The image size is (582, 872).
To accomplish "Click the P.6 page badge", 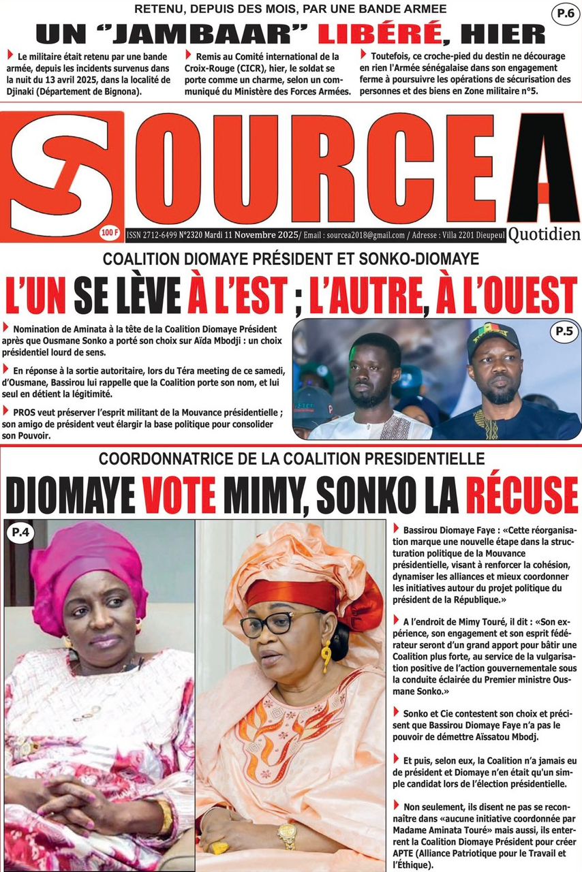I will [565, 13].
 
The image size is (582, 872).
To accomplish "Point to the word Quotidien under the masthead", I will [544, 234].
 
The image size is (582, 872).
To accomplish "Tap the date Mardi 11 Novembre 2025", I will [253, 235].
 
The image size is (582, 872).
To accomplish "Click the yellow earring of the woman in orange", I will [326, 655].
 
